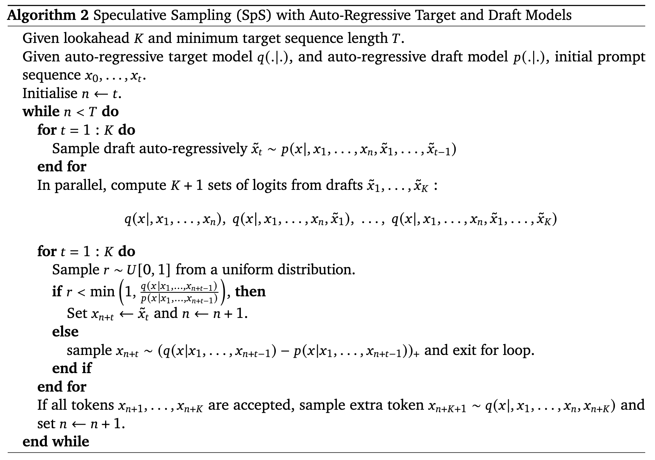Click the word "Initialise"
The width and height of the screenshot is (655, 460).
coord(50,93)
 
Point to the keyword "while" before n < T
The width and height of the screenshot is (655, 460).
coord(41,112)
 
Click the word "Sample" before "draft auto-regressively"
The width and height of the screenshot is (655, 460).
coord(76,149)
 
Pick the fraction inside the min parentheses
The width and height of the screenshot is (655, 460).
coord(179,292)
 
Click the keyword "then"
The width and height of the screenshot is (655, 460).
coord(250,291)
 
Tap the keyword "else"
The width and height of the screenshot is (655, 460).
coord(65,332)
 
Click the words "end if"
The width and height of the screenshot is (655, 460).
coord(72,368)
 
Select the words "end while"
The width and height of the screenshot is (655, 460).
coord(56,442)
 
